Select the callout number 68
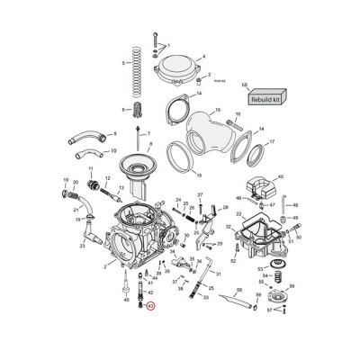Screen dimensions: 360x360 point(244,85)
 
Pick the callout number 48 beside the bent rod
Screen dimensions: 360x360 point(294,205)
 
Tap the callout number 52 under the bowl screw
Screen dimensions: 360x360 point(232,260)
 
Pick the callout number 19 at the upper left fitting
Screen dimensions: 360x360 point(66,180)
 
